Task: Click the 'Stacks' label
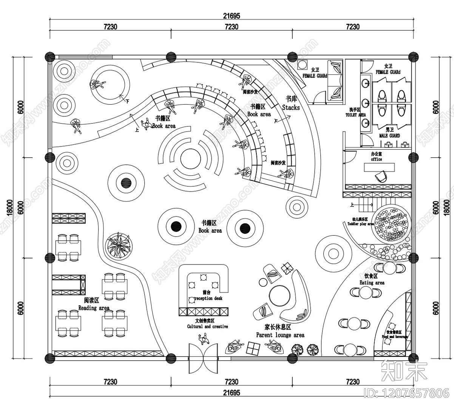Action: click(x=291, y=108)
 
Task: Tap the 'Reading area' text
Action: click(x=94, y=308)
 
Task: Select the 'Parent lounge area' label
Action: click(x=280, y=335)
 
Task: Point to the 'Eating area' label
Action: click(x=372, y=283)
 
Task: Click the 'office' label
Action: click(x=376, y=159)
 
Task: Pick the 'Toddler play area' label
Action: click(x=360, y=224)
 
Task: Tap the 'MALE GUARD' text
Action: click(x=389, y=136)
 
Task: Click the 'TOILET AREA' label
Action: click(x=355, y=114)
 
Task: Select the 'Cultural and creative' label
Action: click(x=207, y=326)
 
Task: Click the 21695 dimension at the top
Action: click(x=231, y=16)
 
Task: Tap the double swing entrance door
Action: click(x=204, y=359)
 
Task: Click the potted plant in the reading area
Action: click(x=119, y=246)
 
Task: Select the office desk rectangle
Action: click(x=379, y=167)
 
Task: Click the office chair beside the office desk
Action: click(x=381, y=176)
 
